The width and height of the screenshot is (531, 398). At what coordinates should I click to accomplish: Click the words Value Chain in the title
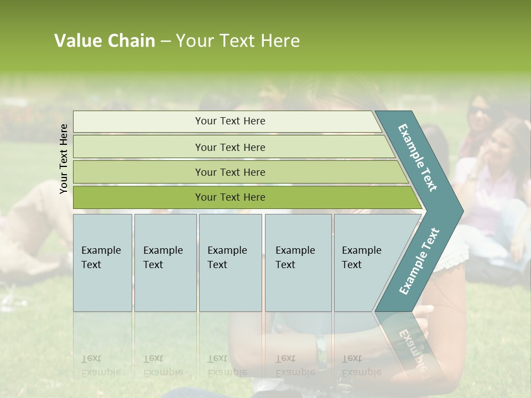pyautogui.click(x=105, y=41)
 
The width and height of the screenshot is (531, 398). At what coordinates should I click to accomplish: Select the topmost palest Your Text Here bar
pyautogui.click(x=230, y=121)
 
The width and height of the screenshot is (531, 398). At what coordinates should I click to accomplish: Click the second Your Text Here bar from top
pyautogui.click(x=230, y=147)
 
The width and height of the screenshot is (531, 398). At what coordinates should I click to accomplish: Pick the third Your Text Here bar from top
pyautogui.click(x=230, y=172)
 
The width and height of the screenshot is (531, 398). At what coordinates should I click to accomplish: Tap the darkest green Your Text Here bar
pyautogui.click(x=230, y=197)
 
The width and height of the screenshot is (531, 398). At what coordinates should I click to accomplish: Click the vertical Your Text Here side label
pyautogui.click(x=64, y=159)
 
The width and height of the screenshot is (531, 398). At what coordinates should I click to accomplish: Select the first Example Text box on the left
pyautogui.click(x=102, y=262)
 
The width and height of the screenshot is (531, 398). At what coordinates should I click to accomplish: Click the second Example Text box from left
pyautogui.click(x=165, y=262)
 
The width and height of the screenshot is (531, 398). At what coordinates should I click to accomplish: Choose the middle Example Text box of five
pyautogui.click(x=230, y=262)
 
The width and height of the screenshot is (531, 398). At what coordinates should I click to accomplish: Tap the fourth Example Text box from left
pyautogui.click(x=298, y=262)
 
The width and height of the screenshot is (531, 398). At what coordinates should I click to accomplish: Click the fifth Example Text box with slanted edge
pyautogui.click(x=365, y=262)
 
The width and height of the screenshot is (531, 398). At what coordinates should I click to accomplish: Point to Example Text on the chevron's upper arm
pyautogui.click(x=418, y=158)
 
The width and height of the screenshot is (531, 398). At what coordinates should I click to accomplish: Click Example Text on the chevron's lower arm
pyautogui.click(x=420, y=261)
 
